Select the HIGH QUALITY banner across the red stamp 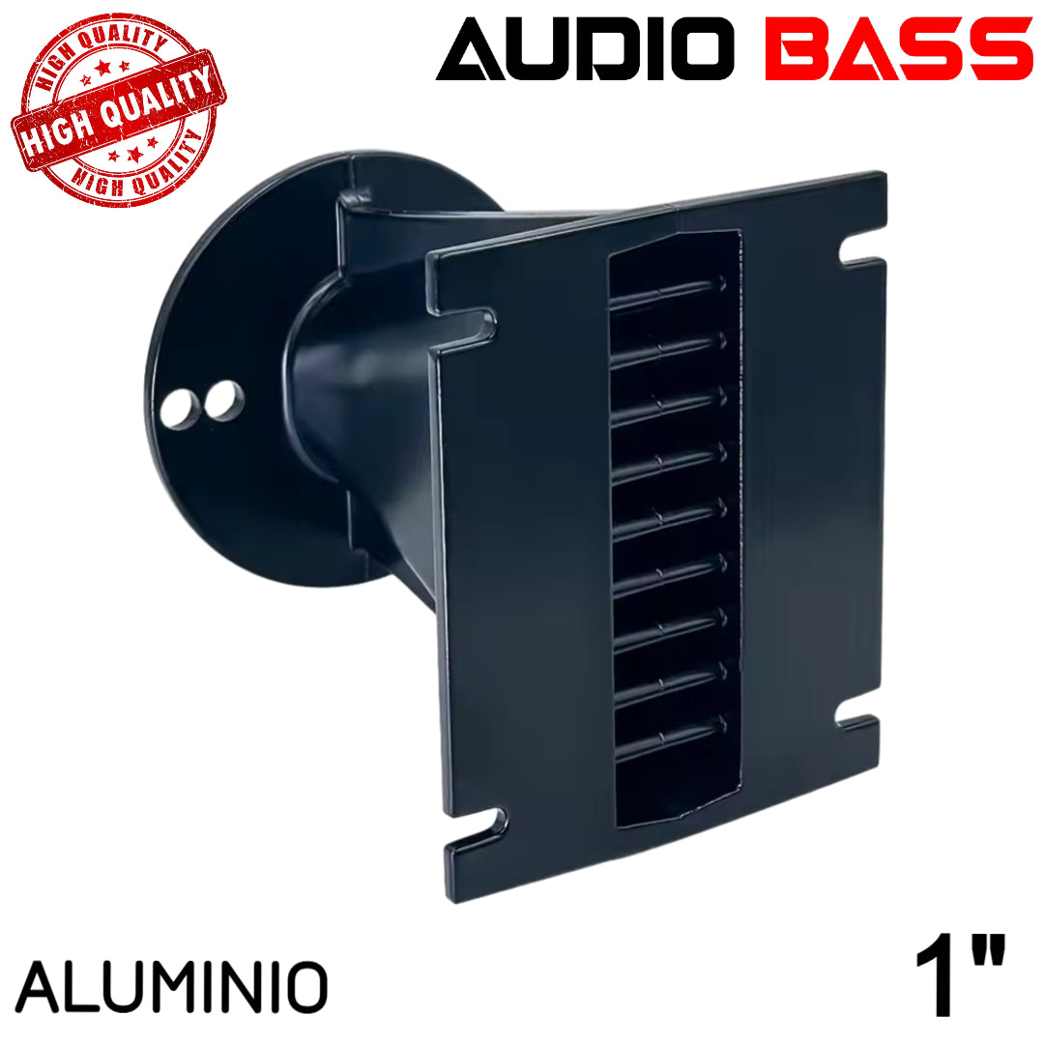pyautogui.click(x=119, y=114)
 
